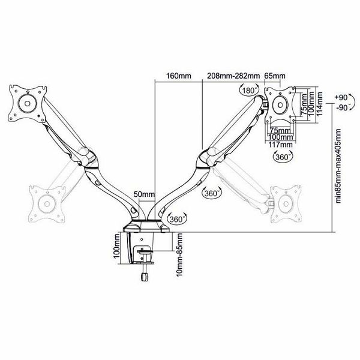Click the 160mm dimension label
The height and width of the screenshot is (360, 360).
(179, 76)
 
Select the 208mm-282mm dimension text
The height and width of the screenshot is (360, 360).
(233, 76)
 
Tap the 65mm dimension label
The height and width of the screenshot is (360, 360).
(275, 76)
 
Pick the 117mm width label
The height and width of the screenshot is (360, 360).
(281, 145)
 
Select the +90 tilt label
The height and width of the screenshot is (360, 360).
(341, 98)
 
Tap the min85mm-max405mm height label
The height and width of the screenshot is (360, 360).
(338, 166)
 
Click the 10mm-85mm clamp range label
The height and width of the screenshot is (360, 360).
(180, 254)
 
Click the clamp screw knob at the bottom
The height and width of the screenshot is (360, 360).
(144, 277)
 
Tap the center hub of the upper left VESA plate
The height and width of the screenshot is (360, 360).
(28, 104)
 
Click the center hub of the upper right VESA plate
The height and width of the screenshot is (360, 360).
(280, 105)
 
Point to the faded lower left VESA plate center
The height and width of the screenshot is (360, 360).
(47, 204)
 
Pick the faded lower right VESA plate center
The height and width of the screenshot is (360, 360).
(286, 203)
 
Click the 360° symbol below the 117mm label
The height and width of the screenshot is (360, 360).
(283, 157)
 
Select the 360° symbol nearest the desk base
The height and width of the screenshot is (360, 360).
(177, 219)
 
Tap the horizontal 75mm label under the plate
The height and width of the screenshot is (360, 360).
(280, 130)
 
